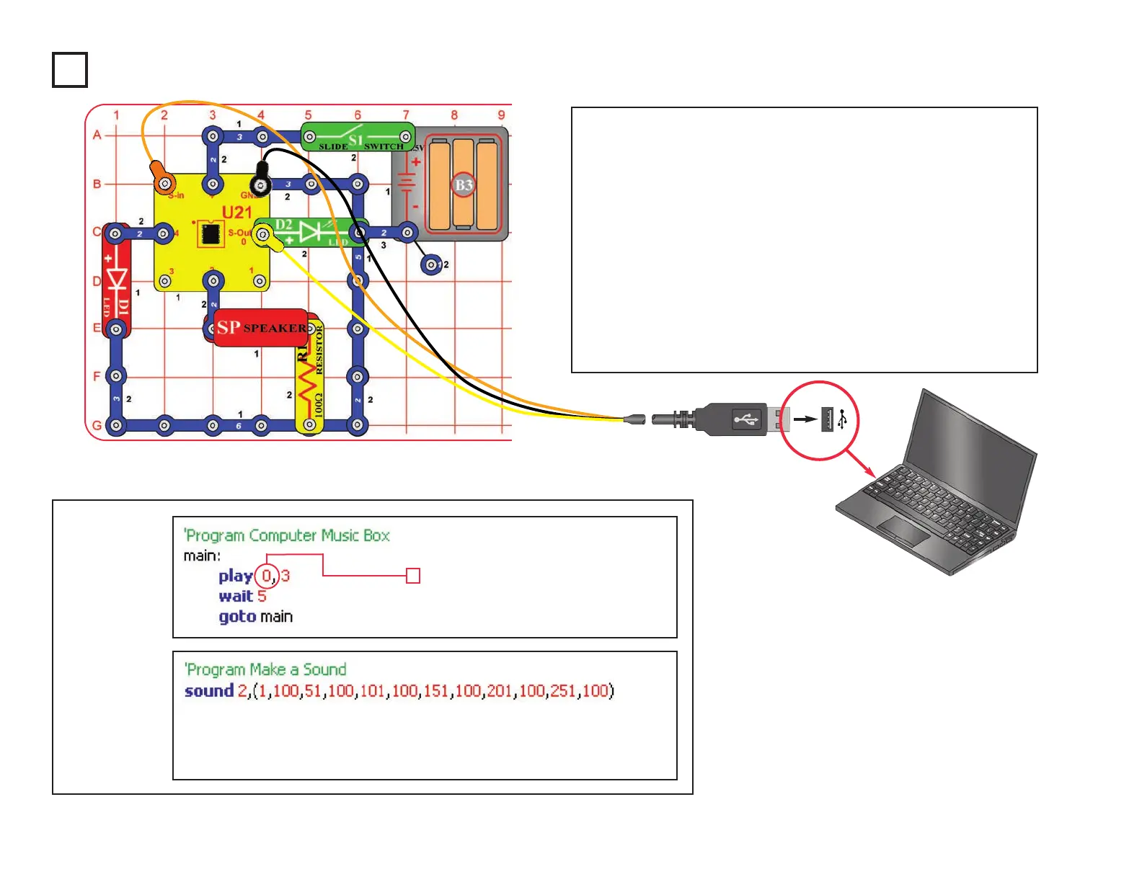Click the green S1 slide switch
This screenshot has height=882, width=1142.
point(357,137)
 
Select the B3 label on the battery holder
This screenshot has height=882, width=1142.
point(464,185)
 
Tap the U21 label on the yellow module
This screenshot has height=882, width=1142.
point(236,213)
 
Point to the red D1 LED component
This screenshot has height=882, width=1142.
point(116,281)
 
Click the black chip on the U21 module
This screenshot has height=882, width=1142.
point(211,234)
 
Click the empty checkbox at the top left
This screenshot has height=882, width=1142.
point(70,70)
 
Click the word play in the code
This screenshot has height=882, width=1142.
point(236,576)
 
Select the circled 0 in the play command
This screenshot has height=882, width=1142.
point(267,576)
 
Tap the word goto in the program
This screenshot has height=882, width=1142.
point(237,617)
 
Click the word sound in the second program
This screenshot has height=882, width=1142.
point(209,691)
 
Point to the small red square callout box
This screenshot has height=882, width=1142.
point(413,576)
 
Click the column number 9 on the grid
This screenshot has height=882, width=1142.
point(501,115)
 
